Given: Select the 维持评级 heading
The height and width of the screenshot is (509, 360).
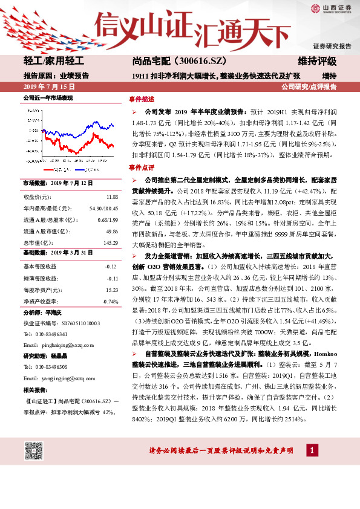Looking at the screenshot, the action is pyautogui.click(x=318, y=62).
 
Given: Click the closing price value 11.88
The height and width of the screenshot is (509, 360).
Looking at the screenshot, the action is pyautogui.click(x=112, y=198).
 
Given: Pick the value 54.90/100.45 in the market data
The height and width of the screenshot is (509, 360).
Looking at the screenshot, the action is pyautogui.click(x=103, y=209).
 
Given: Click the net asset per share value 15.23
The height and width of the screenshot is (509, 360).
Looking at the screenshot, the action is pyautogui.click(x=111, y=289).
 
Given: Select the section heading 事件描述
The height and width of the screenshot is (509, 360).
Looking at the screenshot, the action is pyautogui.click(x=142, y=99).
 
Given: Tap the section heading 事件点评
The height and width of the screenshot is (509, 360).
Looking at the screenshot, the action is pyautogui.click(x=142, y=167).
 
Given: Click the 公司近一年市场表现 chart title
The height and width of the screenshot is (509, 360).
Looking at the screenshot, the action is pyautogui.click(x=48, y=98).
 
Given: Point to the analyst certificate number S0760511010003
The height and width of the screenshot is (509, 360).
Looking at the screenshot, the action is pyautogui.click(x=77, y=323).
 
